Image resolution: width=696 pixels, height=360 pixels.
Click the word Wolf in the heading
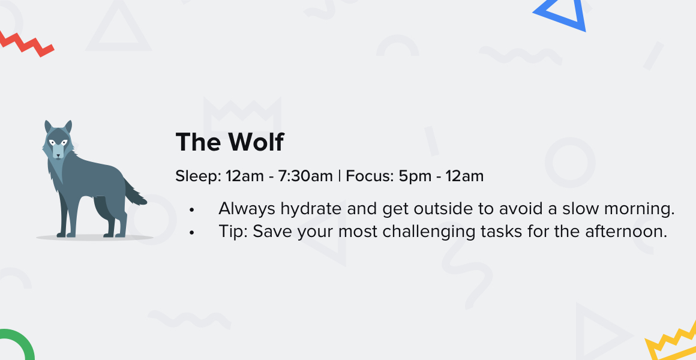[256, 142]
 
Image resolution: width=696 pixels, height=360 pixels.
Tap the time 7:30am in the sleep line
[305, 176]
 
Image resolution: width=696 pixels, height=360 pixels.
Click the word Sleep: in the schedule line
[198, 176]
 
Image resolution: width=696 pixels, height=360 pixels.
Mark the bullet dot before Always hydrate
[192, 210]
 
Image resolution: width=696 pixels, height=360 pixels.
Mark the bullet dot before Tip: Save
[192, 233]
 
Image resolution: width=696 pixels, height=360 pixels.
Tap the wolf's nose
[57, 156]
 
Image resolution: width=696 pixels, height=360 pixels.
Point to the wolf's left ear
[47, 127]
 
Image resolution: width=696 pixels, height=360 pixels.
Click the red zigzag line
[26, 44]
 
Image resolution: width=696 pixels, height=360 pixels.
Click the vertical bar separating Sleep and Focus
[340, 176]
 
